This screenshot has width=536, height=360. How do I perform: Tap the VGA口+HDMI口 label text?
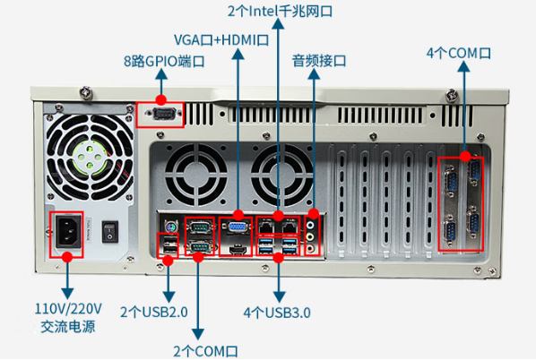pos(221,39)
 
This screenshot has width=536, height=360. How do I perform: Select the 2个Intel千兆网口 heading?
pos(281,12)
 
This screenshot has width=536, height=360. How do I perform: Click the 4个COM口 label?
pos(459,53)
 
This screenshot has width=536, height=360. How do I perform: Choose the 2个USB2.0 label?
pos(158,313)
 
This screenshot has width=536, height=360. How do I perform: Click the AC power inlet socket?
pos(66,231)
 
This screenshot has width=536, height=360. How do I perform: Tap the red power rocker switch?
pos(109,230)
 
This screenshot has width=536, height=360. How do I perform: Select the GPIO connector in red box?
pos(162,114)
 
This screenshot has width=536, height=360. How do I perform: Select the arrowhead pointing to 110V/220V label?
pos(66,293)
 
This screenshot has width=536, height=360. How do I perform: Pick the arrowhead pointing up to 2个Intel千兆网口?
pos(280,26)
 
